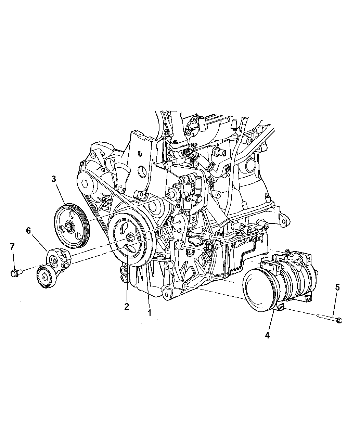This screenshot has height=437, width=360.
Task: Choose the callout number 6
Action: pos(28,231)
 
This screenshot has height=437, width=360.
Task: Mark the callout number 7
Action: pos(12,247)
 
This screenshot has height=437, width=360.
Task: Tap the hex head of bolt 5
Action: pos(339,326)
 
